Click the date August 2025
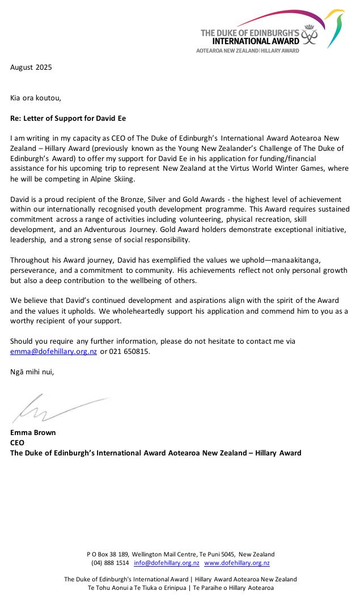click(31, 67)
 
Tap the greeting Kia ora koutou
click(36, 98)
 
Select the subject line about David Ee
click(68, 119)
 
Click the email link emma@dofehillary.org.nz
click(53, 352)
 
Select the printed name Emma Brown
click(33, 433)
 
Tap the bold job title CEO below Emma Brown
click(17, 443)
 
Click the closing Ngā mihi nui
click(32, 372)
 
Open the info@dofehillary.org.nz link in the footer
click(166, 563)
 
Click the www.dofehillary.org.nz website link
click(236, 563)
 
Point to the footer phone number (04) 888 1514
click(110, 563)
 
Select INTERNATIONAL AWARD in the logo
click(248, 41)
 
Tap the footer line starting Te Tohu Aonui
click(180, 588)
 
